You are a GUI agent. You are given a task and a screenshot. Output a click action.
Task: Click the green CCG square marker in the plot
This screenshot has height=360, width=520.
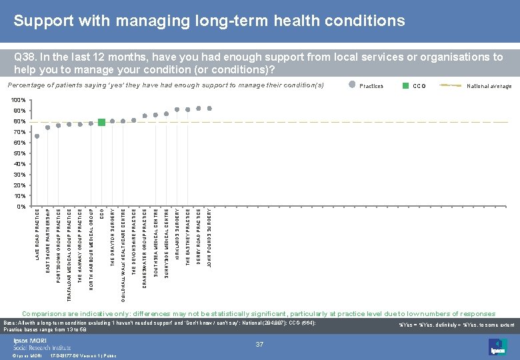pos(101,122)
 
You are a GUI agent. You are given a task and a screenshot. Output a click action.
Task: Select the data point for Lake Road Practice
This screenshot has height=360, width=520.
pos(37,136)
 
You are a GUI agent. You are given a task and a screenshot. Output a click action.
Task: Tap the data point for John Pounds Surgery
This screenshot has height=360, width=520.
pos(209,108)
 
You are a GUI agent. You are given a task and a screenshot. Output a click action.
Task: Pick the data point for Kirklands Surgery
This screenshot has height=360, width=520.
pos(177,109)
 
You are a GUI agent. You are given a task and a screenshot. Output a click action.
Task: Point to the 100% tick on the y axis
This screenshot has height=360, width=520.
pos(19,100)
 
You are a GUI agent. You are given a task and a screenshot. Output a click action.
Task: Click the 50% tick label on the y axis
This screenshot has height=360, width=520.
pos(19,153)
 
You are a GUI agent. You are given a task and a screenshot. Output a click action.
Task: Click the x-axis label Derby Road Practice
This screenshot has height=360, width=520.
pos(199,237)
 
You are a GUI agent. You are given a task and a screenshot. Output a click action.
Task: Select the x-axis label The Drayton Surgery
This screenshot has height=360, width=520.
pos(113,239)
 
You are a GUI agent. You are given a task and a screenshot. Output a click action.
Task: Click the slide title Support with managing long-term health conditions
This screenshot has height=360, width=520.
pos(209,21)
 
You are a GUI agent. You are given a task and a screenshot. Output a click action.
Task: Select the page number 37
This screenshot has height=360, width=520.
pos(260,344)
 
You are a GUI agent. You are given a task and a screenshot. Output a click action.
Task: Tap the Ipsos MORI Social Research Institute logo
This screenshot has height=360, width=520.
pos(41,343)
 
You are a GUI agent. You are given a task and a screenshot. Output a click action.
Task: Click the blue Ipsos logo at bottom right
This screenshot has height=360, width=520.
pos(498,346)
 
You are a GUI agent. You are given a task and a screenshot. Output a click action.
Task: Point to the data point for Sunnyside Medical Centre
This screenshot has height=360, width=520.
pos(166,113)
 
